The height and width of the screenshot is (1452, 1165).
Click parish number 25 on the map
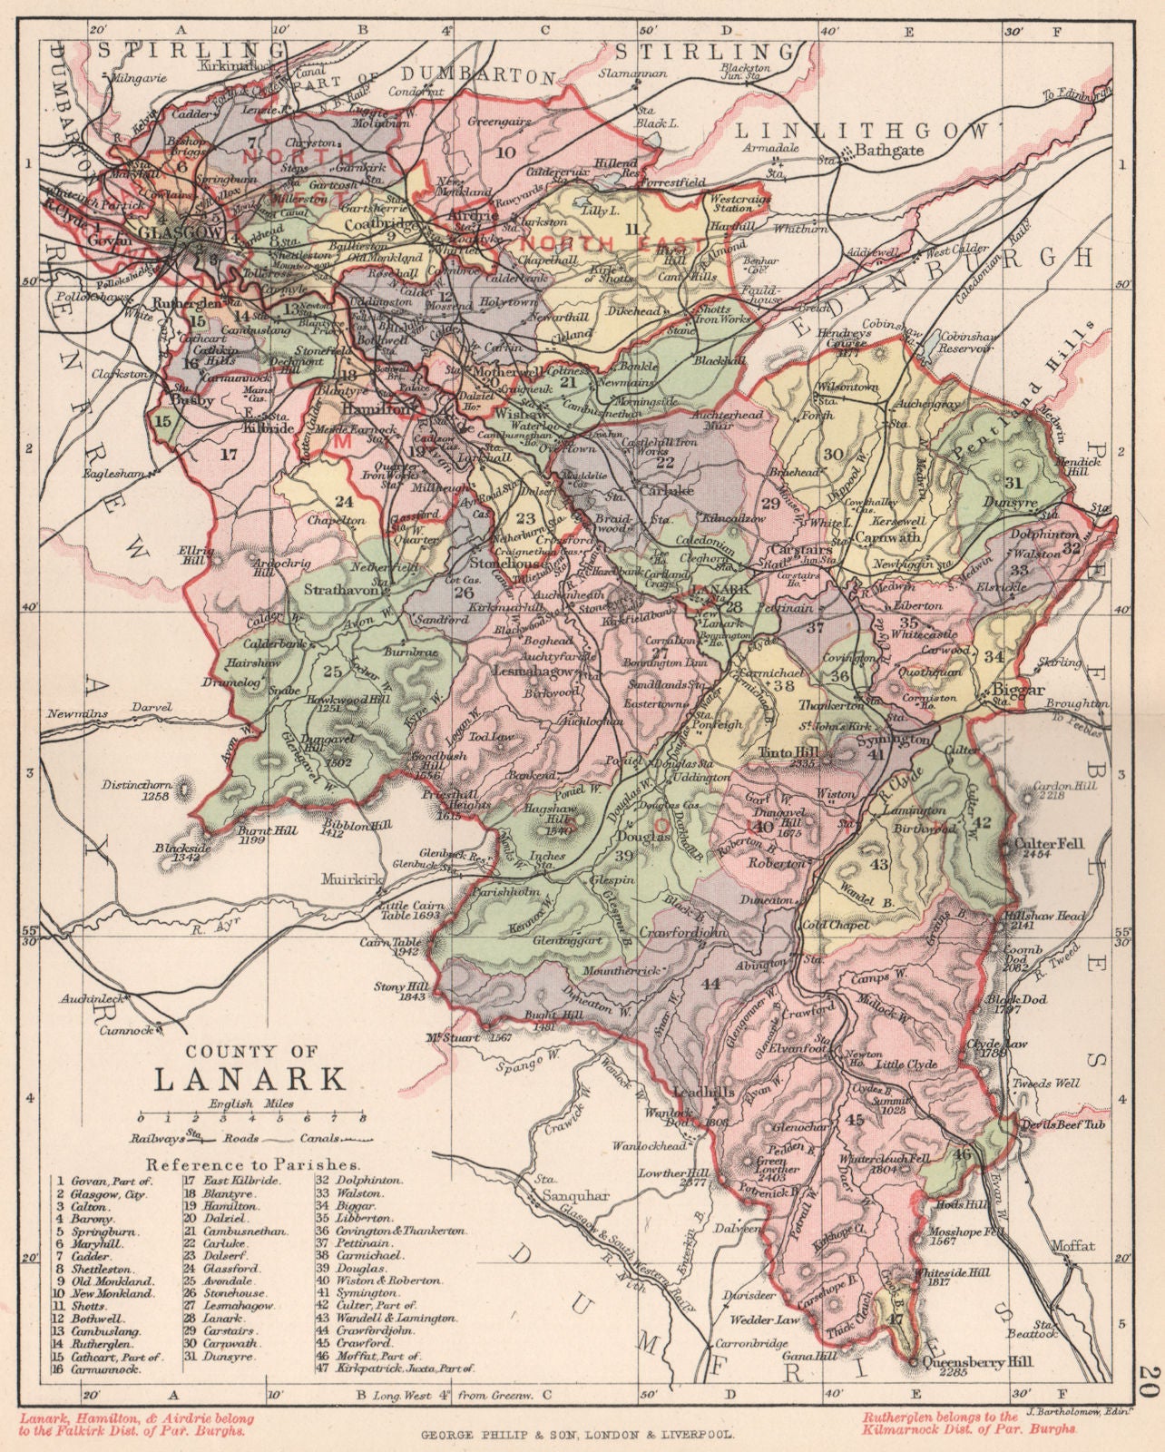coord(332,671)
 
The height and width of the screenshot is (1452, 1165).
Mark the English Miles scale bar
coord(250,1118)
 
